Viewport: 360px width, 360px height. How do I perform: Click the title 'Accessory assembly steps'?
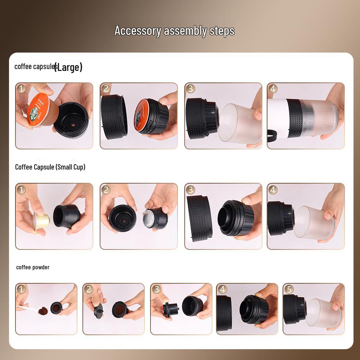tap(174, 31)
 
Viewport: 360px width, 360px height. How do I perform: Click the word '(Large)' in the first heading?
tap(68, 67)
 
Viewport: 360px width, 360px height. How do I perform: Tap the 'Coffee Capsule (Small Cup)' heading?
tap(50, 167)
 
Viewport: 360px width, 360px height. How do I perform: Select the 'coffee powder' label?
tap(33, 267)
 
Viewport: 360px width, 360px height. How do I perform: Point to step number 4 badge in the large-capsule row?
tap(273, 89)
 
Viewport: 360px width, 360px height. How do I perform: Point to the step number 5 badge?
tap(289, 289)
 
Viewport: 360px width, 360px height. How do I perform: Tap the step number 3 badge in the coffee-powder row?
tap(156, 289)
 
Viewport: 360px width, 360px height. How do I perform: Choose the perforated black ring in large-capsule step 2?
tap(114, 116)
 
